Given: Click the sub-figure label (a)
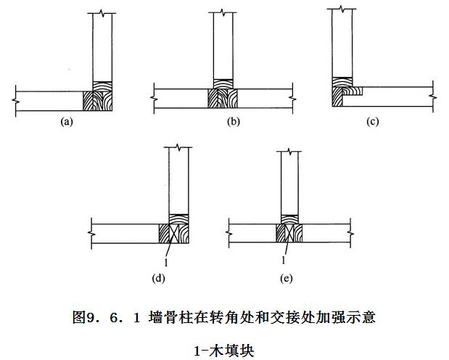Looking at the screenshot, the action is pyautogui.click(x=67, y=122).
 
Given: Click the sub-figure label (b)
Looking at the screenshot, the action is pyautogui.click(x=233, y=122).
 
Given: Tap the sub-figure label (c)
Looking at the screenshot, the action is pyautogui.click(x=372, y=122).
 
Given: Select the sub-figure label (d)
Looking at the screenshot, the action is pyautogui.click(x=158, y=278).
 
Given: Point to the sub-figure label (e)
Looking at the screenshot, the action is pyautogui.click(x=286, y=278).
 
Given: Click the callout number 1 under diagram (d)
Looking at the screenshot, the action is pyautogui.click(x=166, y=262).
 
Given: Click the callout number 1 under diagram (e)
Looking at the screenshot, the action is pyautogui.click(x=284, y=261).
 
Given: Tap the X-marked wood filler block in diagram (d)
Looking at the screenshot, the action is pyautogui.click(x=174, y=233).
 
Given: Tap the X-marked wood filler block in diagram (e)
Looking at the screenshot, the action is pyautogui.click(x=289, y=233).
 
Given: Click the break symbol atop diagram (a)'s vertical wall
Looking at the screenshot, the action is pyautogui.click(x=102, y=13).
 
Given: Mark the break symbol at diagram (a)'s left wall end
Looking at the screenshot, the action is pyautogui.click(x=15, y=100).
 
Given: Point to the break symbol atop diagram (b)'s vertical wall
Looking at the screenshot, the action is pyautogui.click(x=223, y=12).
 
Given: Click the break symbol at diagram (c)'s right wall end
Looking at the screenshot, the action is pyautogui.click(x=432, y=97).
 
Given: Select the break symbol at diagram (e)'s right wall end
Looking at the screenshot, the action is pyautogui.click(x=350, y=232).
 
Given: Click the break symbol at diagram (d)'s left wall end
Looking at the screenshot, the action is pyautogui.click(x=91, y=234).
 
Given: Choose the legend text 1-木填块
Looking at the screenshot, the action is pyautogui.click(x=224, y=351).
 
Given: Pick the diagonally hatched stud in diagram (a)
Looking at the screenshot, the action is pyautogui.click(x=88, y=101).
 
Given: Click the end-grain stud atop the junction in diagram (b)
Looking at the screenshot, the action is pyautogui.click(x=223, y=84).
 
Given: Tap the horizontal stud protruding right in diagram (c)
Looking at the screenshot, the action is pyautogui.click(x=353, y=91).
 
